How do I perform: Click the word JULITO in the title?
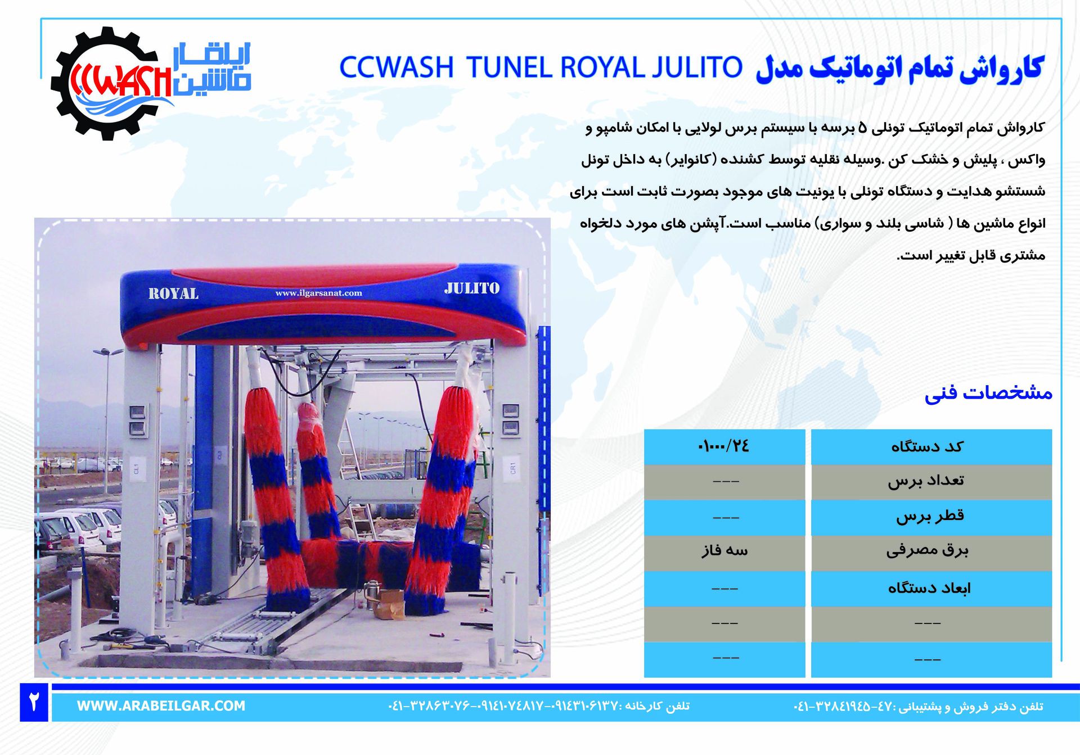697,67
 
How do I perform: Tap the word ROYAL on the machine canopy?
173,293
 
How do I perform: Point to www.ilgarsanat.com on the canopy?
318,293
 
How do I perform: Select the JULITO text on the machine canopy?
471,288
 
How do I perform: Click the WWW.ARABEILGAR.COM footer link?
161,706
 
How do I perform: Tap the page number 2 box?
34,702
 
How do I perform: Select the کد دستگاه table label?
927,447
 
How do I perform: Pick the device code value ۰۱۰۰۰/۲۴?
723,446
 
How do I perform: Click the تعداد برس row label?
926,481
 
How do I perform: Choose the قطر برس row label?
930,516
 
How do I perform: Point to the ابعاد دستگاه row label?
929,589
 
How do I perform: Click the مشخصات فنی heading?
988,392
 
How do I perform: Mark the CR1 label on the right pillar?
512,467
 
